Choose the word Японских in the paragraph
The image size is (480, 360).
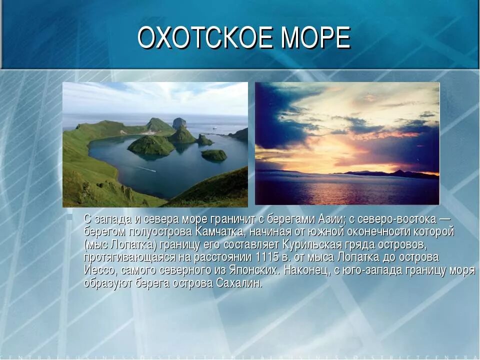(x=253, y=270)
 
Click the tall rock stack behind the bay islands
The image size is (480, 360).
(x=179, y=122)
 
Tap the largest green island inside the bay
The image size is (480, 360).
(x=151, y=145)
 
